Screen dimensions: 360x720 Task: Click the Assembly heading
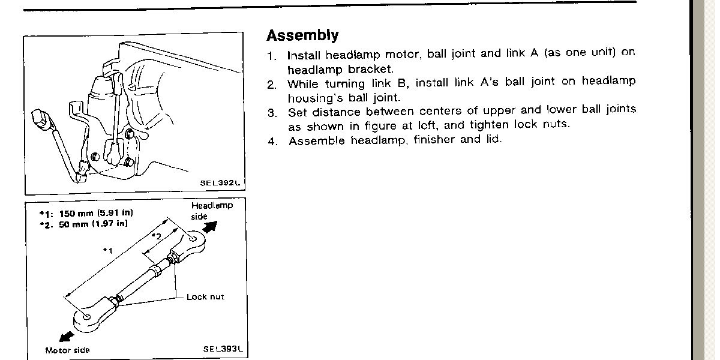click(x=302, y=35)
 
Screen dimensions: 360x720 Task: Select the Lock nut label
click(x=205, y=297)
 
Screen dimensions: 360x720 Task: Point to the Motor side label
click(x=67, y=350)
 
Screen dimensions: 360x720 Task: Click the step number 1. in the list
click(x=272, y=55)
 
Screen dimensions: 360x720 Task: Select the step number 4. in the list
click(x=272, y=142)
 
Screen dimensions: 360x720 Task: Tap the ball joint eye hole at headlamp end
click(x=192, y=239)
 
